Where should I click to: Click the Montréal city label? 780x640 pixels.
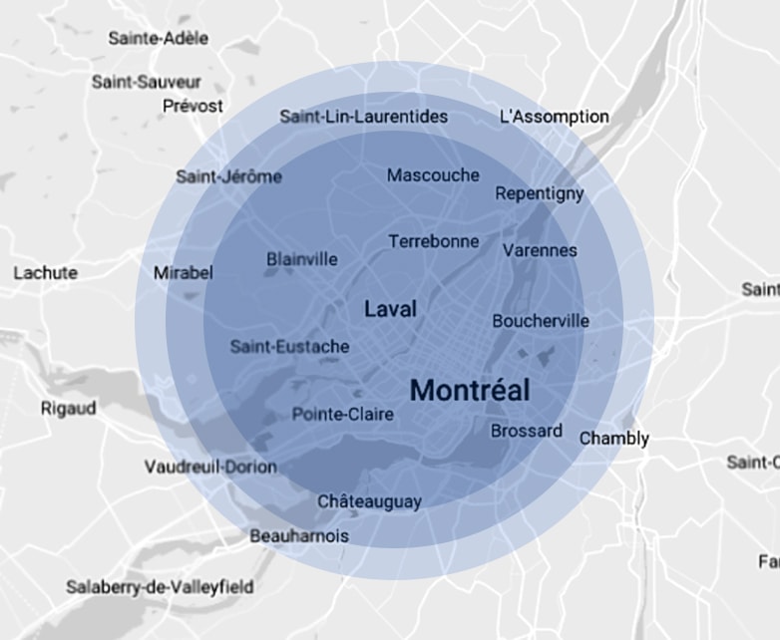[470, 390]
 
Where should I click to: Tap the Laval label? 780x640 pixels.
[390, 309]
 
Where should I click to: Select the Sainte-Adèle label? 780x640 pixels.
[159, 39]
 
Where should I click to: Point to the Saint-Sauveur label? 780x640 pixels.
[147, 82]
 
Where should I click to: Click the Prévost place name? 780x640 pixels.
[193, 105]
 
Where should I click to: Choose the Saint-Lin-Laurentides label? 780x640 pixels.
[363, 117]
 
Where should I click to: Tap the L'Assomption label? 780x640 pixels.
[554, 117]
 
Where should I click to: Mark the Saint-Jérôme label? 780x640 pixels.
[228, 177]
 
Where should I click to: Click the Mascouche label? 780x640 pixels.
[433, 175]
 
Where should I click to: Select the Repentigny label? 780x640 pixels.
[540, 193]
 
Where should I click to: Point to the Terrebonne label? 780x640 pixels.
[433, 241]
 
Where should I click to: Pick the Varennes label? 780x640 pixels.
[540, 250]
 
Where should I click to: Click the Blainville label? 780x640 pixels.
[301, 259]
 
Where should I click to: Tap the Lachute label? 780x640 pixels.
[45, 272]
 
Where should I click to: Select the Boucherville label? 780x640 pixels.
[540, 321]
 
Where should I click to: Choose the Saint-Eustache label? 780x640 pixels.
[289, 347]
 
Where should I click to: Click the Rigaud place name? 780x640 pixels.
[68, 408]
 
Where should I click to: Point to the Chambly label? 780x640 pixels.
[613, 439]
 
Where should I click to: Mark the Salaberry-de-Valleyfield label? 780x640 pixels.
[160, 587]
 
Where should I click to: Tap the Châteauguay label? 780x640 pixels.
[369, 501]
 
